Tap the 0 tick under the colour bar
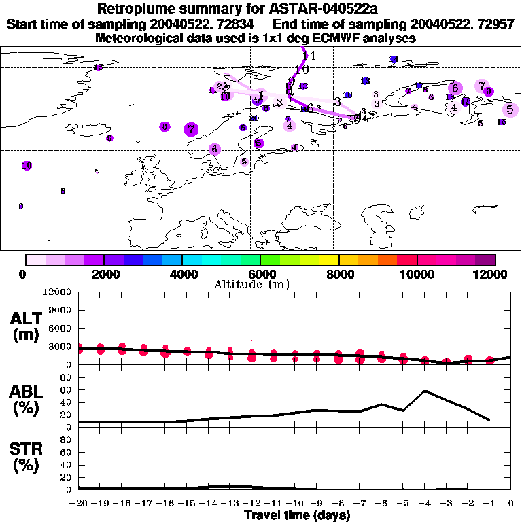(24, 274)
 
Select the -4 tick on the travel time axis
(425, 503)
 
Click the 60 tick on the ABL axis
(66, 390)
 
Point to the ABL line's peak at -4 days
(425, 391)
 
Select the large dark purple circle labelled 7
(191, 128)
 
